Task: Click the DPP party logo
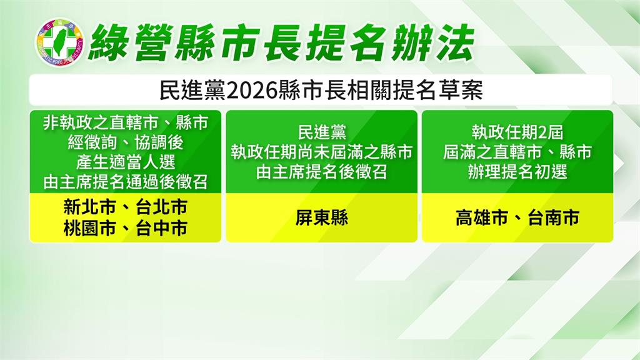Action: tap(59, 42)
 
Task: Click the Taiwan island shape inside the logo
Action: tap(60, 42)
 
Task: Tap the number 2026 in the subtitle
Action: tap(251, 90)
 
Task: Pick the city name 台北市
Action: tap(162, 207)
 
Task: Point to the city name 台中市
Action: tap(162, 227)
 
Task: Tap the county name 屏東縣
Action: tap(322, 217)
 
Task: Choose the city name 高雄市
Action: tap(482, 217)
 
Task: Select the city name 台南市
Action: tap(554, 217)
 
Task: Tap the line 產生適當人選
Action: tap(126, 162)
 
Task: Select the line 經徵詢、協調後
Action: tap(126, 142)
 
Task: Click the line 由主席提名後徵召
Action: tap(322, 172)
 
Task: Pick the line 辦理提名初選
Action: tap(517, 172)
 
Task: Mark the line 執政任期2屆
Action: tap(517, 132)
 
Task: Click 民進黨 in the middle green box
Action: tap(322, 132)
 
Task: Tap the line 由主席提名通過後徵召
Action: tap(126, 182)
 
